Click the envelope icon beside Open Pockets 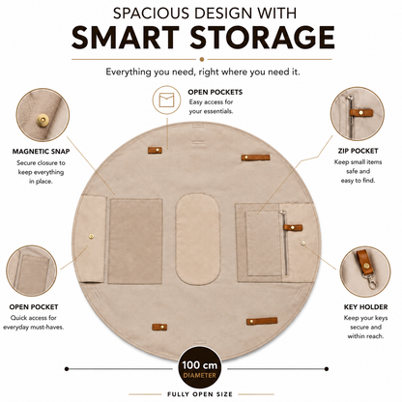coord(166,100)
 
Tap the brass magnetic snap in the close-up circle coord(41,119)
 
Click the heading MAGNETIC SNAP coord(41,151)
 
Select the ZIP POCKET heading coord(358,151)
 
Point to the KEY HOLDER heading coord(365,307)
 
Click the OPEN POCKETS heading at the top coord(215,92)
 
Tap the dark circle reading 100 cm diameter coord(200,369)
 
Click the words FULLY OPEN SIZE coord(200,394)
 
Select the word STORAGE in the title coord(263,37)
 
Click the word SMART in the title coord(126,37)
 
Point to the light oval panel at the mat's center coord(198,239)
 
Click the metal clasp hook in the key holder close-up coord(371,281)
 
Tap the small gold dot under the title coord(202,59)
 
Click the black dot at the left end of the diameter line coord(67,369)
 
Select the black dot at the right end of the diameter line coord(327,369)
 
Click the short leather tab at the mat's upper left coord(155,150)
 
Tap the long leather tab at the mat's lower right coord(262,321)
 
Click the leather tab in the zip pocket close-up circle coord(361,112)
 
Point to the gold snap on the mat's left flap coord(91,237)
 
